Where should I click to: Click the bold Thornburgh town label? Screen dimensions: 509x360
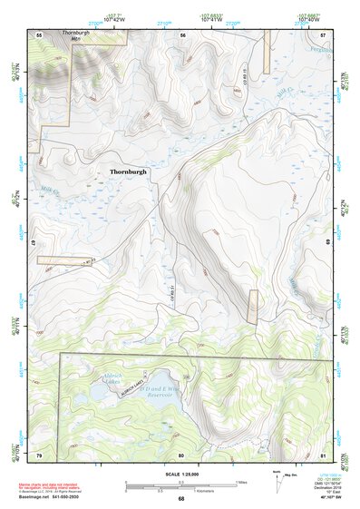coord(127,170)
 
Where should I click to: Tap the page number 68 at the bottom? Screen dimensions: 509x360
coord(180,498)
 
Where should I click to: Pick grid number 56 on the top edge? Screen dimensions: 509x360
coord(182,34)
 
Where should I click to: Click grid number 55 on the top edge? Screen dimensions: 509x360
coord(39,34)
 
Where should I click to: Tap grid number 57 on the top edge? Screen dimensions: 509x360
coord(323,34)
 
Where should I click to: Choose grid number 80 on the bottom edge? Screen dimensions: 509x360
coord(180,454)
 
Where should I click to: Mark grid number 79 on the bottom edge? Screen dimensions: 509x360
coord(39,454)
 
